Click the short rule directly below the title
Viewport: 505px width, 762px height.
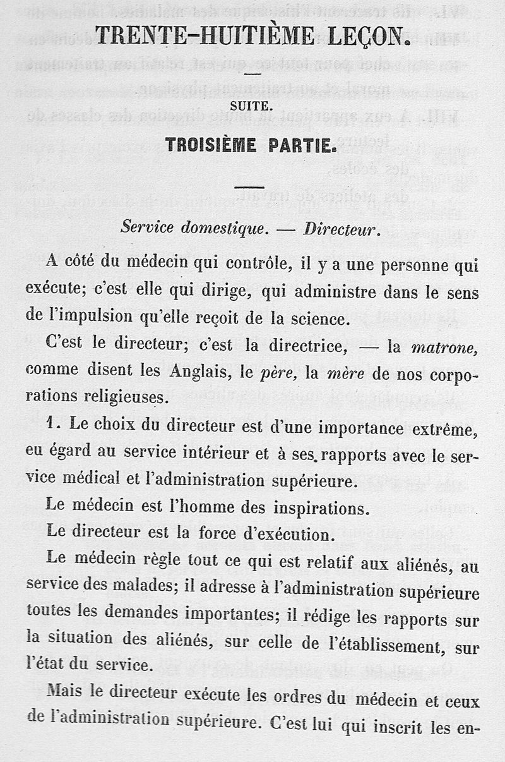pyautogui.click(x=252, y=74)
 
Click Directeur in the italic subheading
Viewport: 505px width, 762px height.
pyautogui.click(x=342, y=229)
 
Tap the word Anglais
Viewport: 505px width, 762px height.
pyautogui.click(x=198, y=372)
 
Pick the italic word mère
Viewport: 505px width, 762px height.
pyautogui.click(x=344, y=372)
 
